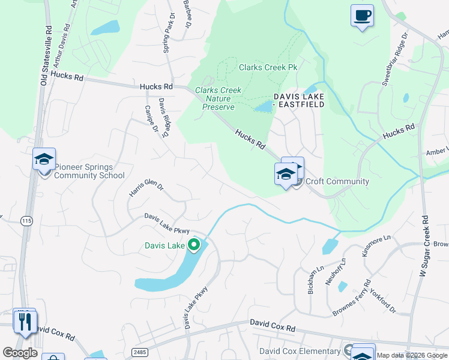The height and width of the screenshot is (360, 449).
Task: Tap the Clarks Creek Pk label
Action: (x=268, y=67)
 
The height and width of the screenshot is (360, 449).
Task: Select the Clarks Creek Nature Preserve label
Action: (x=218, y=98)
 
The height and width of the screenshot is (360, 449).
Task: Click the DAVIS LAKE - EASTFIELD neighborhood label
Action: (x=299, y=100)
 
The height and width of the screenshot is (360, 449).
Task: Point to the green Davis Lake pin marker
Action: (x=193, y=245)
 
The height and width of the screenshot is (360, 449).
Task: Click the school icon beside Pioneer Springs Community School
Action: (x=44, y=160)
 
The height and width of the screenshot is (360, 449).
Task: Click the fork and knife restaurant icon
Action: (x=25, y=322)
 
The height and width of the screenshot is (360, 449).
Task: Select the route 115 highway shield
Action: (x=26, y=221)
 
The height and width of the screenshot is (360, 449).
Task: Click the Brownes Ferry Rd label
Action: (x=352, y=298)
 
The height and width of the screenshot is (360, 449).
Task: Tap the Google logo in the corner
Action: (x=20, y=352)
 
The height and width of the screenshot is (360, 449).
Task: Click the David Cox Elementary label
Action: (x=300, y=351)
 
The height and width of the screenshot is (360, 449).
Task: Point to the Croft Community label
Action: (x=337, y=181)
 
